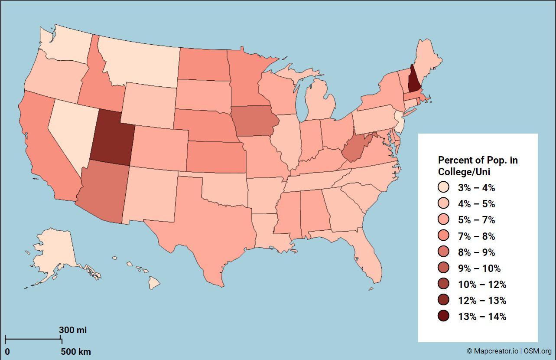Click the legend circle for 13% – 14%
443,316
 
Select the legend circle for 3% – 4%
443,188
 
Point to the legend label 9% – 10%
476,268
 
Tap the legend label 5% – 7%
476,220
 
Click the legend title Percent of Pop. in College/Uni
478,166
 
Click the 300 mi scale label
73,330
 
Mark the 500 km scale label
75,351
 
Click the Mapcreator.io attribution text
492,351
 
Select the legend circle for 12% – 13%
443,300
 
